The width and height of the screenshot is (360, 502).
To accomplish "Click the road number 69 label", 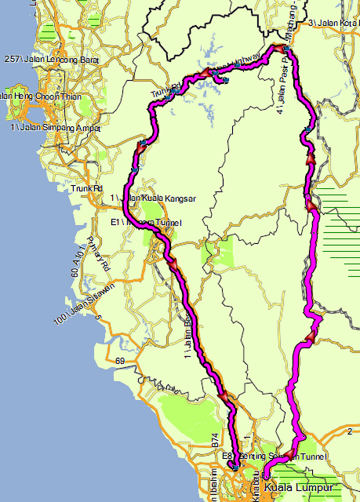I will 120,361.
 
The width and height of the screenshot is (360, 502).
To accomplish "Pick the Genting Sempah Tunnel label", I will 270,456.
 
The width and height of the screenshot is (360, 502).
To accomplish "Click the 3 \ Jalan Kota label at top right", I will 333,22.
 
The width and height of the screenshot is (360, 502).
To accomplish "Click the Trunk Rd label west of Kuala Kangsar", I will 86,188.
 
